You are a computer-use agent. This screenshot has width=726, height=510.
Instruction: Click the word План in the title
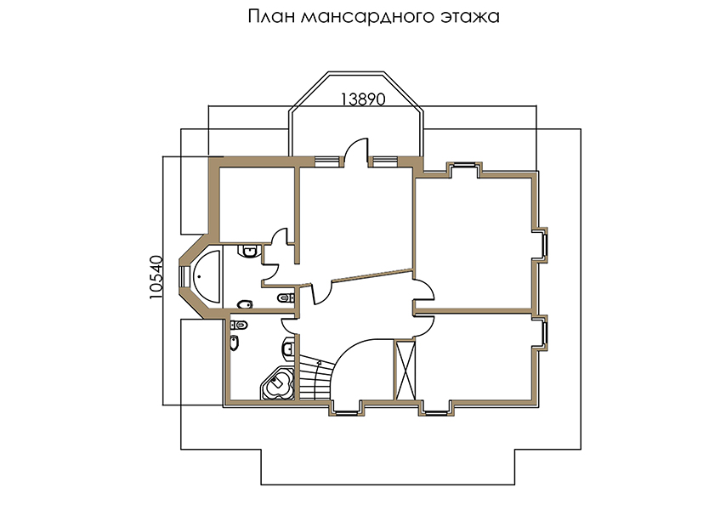(x=270, y=16)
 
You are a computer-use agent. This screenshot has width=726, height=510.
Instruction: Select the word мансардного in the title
(x=366, y=17)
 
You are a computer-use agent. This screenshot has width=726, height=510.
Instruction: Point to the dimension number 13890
(x=363, y=99)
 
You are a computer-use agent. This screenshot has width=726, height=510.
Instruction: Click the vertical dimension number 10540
(x=157, y=277)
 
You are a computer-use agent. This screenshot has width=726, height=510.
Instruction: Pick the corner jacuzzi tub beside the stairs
(x=278, y=382)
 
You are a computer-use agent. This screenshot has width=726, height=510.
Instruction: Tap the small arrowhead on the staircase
(x=319, y=363)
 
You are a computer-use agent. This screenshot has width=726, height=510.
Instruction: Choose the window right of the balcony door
(x=385, y=161)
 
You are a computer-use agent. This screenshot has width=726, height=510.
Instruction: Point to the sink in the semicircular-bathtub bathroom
(x=248, y=251)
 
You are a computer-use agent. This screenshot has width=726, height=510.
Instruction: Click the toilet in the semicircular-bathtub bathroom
(x=245, y=304)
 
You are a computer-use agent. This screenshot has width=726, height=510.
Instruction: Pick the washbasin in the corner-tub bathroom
(x=288, y=346)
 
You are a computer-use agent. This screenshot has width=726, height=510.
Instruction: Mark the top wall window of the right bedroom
(x=464, y=164)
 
